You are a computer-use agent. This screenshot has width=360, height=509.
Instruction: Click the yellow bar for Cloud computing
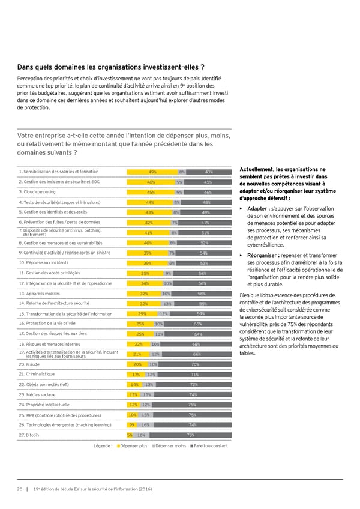tap(151, 193)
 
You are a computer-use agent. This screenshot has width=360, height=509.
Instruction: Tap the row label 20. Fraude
tap(29, 364)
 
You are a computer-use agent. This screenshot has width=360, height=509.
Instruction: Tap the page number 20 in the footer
tap(20, 489)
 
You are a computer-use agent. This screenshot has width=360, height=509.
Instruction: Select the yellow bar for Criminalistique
tap(136, 375)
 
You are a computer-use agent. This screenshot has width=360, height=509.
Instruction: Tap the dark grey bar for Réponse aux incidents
tap(203, 264)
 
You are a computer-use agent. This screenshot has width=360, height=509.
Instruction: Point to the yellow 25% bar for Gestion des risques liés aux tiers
tap(140, 334)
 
